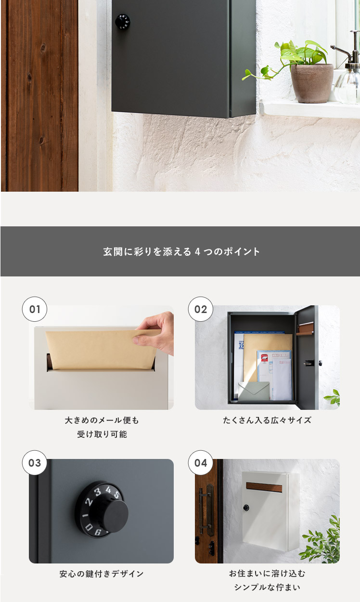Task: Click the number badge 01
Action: click(34, 309)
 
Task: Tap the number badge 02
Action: click(200, 309)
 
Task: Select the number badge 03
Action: click(34, 463)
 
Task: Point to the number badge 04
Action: click(200, 463)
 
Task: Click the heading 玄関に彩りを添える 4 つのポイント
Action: click(181, 251)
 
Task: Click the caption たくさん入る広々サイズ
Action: click(267, 420)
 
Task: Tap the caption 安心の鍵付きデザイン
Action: click(102, 574)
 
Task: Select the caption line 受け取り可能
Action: click(102, 434)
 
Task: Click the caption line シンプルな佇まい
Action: click(267, 587)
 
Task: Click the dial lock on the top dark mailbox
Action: click(123, 22)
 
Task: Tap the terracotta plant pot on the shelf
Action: click(312, 83)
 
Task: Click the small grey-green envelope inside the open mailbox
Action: click(254, 392)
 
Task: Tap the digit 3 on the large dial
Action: click(98, 492)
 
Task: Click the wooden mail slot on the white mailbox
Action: click(264, 487)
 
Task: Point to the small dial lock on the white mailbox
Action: click(246, 508)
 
